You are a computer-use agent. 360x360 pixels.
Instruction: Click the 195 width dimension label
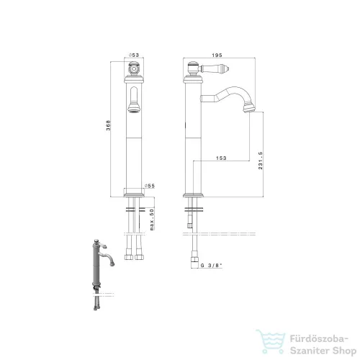217,55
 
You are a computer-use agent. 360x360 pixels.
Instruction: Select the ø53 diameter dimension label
134,55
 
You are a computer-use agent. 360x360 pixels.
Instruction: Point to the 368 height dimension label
109,125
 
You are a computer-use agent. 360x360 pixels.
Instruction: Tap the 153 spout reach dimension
221,158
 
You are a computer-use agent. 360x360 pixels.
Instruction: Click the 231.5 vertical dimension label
261,161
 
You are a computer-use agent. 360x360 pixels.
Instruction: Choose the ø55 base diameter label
150,186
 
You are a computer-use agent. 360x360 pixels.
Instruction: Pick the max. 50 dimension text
152,220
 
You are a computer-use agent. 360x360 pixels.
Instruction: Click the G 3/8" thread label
212,266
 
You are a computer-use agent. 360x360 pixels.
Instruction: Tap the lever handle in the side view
214,69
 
